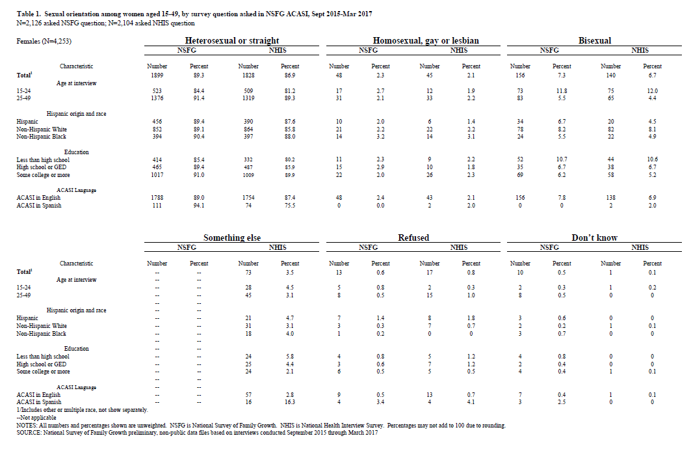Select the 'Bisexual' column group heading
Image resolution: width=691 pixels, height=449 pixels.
point(594,40)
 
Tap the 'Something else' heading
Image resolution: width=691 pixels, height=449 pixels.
point(231,238)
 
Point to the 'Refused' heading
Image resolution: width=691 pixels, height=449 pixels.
point(413,238)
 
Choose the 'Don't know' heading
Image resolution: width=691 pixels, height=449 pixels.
point(595,238)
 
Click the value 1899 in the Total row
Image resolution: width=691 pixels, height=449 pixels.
point(157,75)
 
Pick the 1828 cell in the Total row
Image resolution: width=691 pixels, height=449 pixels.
point(248,75)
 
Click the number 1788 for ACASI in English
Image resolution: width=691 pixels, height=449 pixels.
point(157,198)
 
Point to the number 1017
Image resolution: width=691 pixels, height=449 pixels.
point(157,175)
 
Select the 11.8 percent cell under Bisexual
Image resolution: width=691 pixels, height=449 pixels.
point(562,91)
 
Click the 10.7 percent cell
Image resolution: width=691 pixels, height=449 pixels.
point(562,159)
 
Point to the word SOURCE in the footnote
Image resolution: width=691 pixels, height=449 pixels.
point(31,433)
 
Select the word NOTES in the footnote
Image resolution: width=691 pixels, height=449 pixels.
point(28,426)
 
